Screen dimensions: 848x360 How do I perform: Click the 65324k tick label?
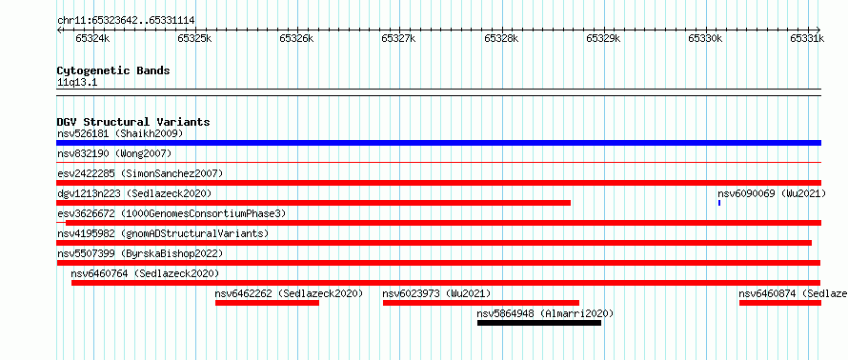click(x=92, y=38)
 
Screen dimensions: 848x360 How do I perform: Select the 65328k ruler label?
click(x=501, y=38)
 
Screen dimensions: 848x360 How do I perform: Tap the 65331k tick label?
click(x=807, y=38)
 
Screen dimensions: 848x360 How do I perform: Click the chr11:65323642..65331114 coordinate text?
click(x=126, y=21)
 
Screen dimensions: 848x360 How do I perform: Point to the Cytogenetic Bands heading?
click(x=113, y=70)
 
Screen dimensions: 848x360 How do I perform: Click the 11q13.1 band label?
click(x=77, y=83)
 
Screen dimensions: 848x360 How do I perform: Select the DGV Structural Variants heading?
click(x=133, y=122)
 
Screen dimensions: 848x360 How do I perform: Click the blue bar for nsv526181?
click(x=438, y=143)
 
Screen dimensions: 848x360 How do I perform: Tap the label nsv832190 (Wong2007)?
click(x=114, y=153)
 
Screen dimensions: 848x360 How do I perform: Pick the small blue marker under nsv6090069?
click(x=719, y=203)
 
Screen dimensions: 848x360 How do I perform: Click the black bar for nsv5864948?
click(x=538, y=323)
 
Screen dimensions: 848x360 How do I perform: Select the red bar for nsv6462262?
click(x=267, y=303)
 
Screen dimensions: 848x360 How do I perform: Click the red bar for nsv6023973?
click(x=481, y=303)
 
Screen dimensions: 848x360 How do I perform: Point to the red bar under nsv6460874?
click(x=779, y=303)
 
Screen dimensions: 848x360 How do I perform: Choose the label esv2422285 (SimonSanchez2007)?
click(x=140, y=173)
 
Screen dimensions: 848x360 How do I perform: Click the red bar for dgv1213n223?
click(x=313, y=203)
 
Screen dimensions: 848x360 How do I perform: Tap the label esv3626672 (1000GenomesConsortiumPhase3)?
click(x=172, y=213)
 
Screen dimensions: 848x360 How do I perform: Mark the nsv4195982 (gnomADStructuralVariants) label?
click(x=163, y=233)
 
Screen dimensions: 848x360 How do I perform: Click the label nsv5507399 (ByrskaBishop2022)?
click(x=140, y=253)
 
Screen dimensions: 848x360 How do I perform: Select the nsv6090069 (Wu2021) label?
click(x=772, y=193)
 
